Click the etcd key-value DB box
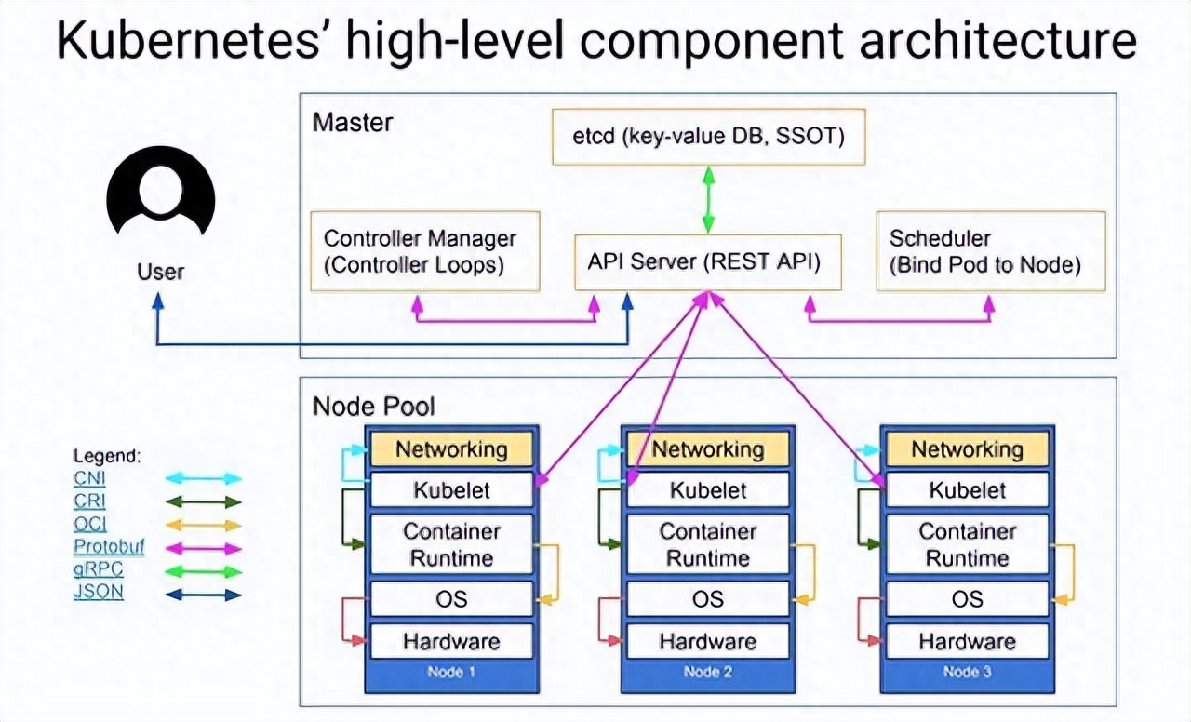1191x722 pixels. (708, 137)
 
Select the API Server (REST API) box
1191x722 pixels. (703, 262)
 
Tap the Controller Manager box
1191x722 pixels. (424, 251)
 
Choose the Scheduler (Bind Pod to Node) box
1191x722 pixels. (991, 251)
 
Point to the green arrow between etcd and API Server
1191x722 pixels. (708, 199)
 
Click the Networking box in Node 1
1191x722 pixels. (451, 449)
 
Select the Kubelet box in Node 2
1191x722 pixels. (708, 490)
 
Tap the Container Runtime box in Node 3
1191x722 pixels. (967, 544)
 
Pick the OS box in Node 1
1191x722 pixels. (451, 599)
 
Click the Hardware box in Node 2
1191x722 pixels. (708, 641)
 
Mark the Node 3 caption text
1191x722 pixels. (967, 672)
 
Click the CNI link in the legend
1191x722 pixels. (89, 479)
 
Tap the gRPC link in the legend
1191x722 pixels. (98, 569)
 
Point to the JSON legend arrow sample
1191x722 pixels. (204, 593)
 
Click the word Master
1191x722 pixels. (353, 122)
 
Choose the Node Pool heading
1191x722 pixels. (373, 407)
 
